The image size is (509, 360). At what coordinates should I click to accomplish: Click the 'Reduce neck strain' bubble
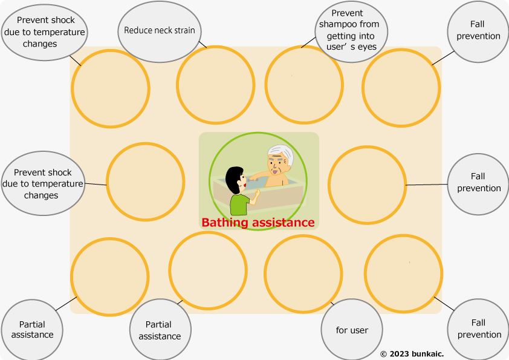coord(159,30)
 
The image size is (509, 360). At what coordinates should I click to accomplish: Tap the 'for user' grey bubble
coord(351,330)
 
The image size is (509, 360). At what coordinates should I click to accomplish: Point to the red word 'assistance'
coord(283,223)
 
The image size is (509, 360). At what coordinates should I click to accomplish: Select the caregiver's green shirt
coord(239,205)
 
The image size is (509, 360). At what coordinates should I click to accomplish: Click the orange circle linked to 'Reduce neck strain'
coord(215,84)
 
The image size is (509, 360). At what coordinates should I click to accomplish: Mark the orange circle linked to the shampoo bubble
coord(304,84)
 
